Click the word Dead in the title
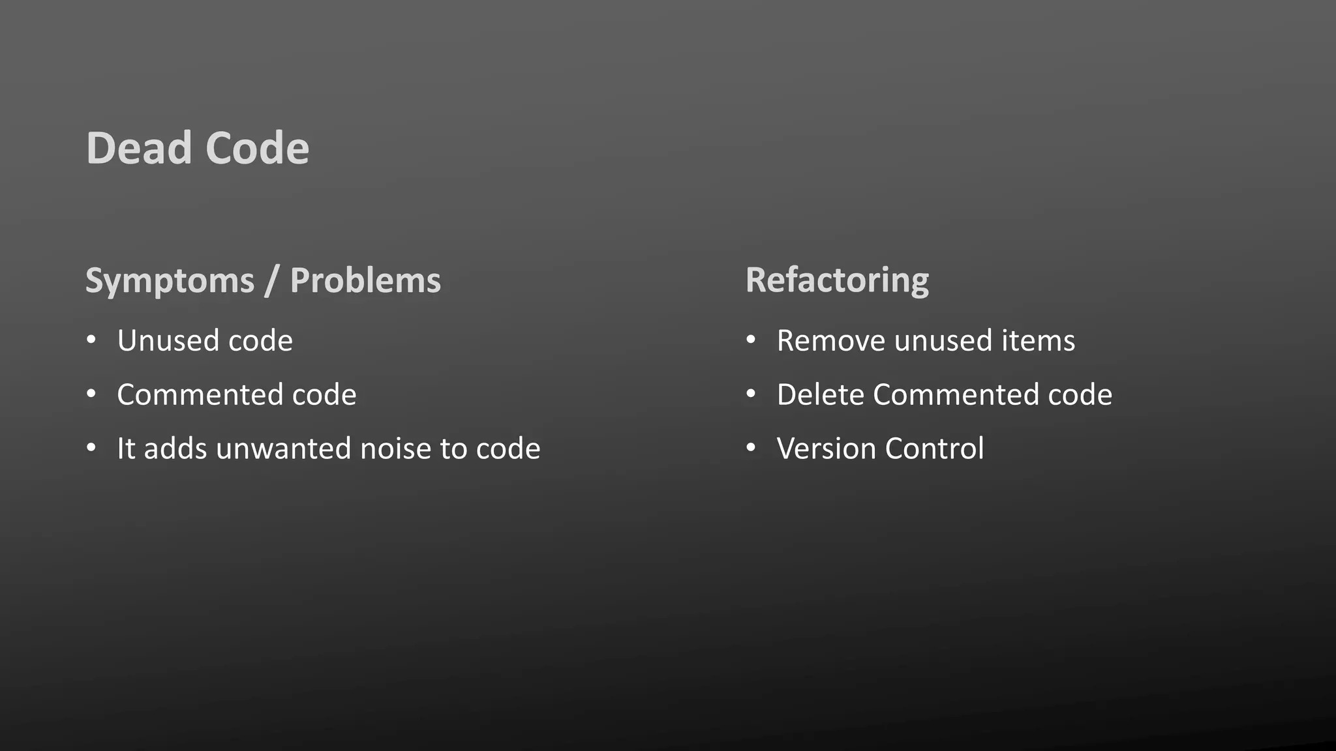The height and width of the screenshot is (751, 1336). (x=140, y=148)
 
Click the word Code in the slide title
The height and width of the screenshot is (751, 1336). (x=257, y=148)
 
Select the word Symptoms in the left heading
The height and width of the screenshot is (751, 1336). (x=170, y=281)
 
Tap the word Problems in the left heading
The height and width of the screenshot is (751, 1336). (x=365, y=281)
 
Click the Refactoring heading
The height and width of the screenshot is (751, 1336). (x=837, y=281)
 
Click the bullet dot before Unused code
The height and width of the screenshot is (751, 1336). (x=91, y=340)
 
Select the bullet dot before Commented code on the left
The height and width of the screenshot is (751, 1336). (x=91, y=394)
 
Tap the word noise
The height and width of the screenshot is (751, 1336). (x=395, y=449)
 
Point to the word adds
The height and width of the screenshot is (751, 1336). (x=175, y=449)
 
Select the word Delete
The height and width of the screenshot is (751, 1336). (x=821, y=394)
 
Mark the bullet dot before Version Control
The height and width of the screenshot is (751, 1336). (x=751, y=448)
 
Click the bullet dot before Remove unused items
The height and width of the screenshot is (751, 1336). (x=751, y=340)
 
